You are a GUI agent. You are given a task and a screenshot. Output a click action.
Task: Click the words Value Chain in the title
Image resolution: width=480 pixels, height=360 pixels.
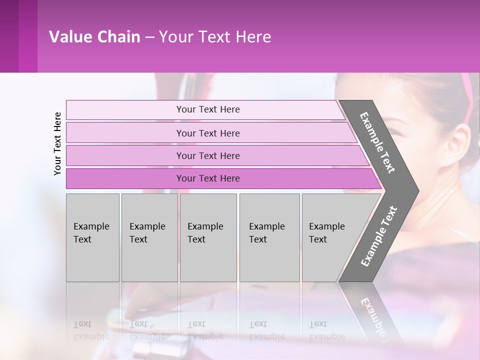94,37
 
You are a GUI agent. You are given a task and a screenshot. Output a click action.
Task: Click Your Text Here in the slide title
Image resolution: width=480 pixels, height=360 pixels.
215,37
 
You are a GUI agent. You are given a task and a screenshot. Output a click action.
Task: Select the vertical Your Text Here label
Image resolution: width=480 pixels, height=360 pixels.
57,143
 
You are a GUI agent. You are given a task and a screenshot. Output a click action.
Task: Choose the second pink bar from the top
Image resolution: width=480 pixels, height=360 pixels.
208,133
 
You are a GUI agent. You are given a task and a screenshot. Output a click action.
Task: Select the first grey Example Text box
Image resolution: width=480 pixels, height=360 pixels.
92,237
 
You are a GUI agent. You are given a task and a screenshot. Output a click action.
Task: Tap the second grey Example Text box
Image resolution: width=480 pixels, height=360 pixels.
149,237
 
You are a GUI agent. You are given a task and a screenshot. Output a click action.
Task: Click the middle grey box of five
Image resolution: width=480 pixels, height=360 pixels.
208,237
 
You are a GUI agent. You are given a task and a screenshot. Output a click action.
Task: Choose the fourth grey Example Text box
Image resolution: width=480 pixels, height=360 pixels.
269,237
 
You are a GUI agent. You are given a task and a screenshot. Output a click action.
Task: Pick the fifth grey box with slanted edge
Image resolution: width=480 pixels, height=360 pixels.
330,237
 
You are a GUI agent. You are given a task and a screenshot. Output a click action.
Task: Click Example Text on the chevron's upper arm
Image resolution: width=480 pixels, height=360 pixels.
377,142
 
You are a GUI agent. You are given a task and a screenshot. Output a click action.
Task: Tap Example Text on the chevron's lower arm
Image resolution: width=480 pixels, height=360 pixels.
379,236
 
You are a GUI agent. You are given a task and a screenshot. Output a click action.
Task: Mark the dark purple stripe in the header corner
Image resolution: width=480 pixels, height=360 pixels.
27,36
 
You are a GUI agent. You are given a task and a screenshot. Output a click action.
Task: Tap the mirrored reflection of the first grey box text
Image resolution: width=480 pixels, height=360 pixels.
91,330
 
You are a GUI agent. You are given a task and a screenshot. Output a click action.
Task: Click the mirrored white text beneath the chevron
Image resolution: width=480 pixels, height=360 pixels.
374,317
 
